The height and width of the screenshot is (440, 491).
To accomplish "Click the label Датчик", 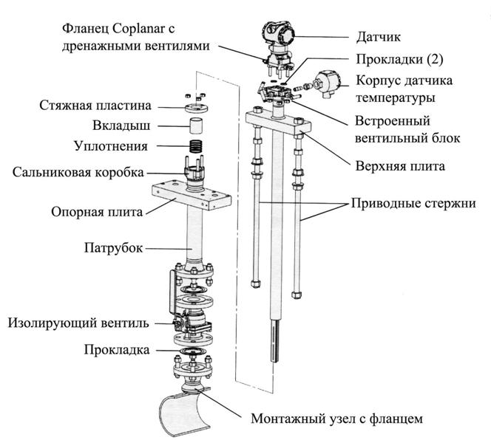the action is point(379,37).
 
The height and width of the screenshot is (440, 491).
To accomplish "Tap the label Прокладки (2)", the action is point(399,59).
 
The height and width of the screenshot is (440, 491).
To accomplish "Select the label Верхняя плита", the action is point(400,166).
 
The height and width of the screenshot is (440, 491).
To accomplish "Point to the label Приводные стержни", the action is point(413,203).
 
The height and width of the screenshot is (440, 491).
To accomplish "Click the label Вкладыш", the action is point(121,126).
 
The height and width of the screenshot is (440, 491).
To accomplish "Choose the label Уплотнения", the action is point(110,146).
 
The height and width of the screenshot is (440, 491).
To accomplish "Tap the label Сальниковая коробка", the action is point(78,172).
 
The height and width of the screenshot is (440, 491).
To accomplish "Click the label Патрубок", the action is point(113,248).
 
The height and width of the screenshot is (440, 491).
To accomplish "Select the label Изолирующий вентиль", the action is point(78,323).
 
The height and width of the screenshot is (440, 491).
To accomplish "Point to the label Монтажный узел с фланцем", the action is point(336,419).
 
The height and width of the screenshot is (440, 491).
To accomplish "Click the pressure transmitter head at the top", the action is point(277,33).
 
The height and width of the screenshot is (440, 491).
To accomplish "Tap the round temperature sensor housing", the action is point(327,84).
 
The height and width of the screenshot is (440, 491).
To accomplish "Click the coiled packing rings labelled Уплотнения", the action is point(197,147).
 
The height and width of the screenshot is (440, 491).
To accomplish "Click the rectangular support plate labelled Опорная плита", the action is point(192,196).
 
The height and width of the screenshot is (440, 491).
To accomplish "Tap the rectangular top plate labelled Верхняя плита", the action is point(278,122).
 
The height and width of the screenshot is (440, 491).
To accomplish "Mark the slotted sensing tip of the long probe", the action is point(274,341).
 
